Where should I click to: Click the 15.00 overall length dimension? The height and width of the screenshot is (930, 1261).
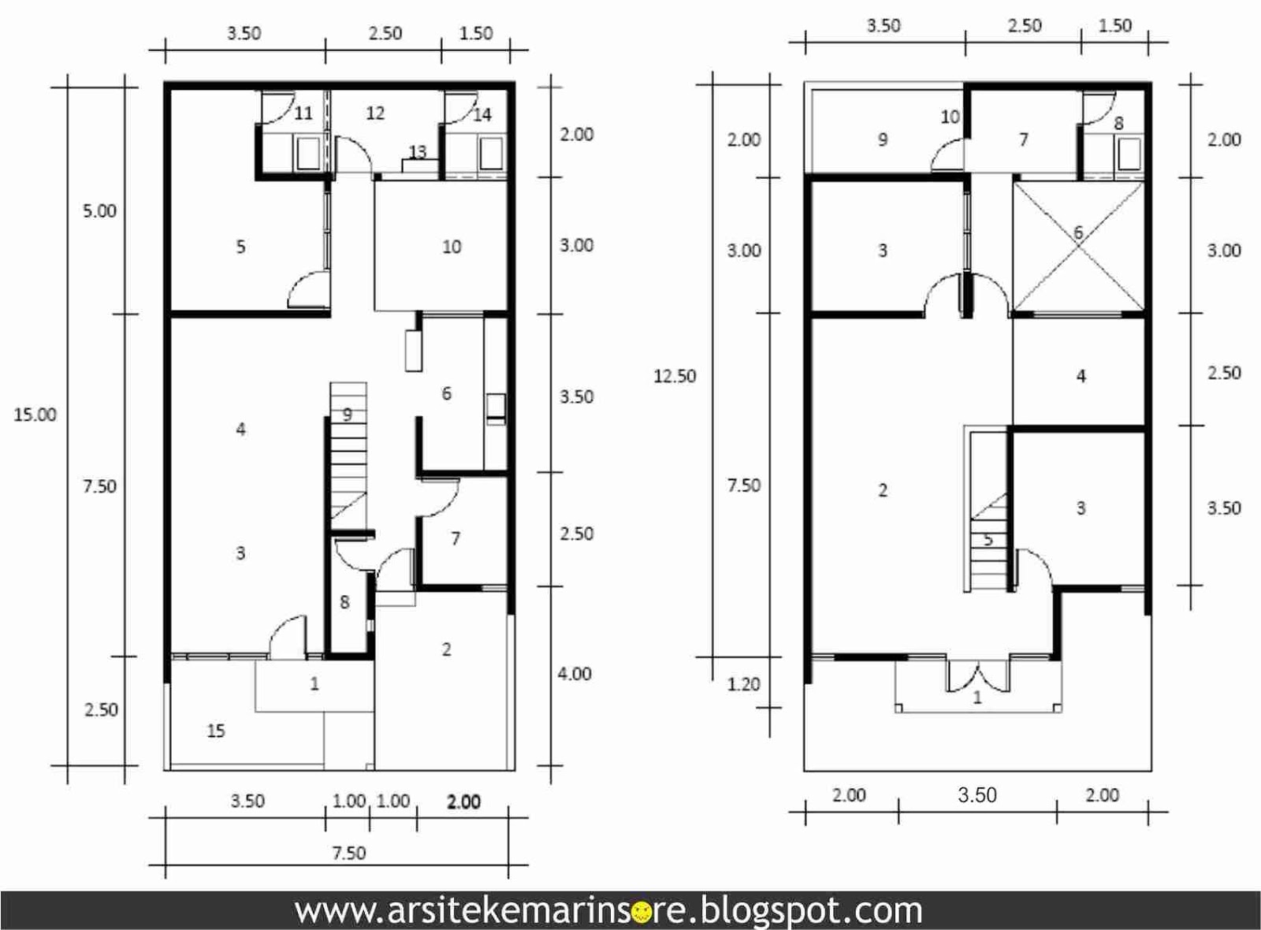35,415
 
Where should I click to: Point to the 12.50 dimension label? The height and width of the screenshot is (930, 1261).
675,375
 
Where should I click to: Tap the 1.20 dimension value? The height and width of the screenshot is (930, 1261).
744,684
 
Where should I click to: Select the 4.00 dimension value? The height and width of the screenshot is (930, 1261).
575,673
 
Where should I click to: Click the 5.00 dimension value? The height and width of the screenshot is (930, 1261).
99,211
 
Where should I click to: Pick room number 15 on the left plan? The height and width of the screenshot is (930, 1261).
216,731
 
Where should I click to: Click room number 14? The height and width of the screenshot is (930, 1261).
482,115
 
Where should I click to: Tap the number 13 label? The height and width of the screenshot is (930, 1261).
417,151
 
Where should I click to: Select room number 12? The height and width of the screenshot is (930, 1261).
375,113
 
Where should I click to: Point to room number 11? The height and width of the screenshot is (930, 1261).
303,113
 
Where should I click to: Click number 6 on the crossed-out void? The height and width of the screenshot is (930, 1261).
1078,232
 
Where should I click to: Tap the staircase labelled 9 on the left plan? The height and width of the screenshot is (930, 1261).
348,450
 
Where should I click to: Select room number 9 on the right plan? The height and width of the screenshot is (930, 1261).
883,139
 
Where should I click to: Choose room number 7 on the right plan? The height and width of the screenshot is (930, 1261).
1024,139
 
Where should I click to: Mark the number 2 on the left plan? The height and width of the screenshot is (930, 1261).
446,649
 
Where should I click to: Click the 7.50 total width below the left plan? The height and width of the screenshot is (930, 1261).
349,853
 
